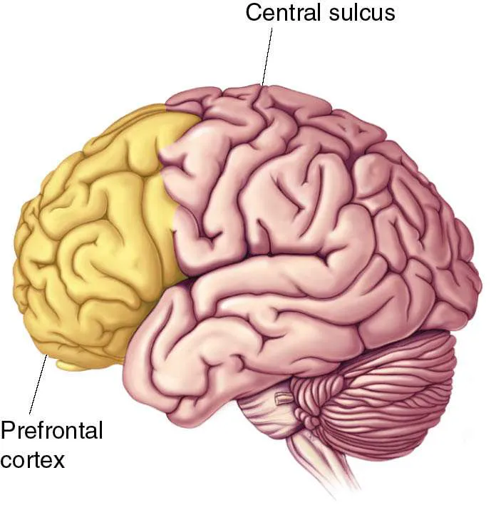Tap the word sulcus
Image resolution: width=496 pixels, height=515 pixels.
(x=360, y=12)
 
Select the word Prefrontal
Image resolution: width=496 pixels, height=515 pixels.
(x=52, y=432)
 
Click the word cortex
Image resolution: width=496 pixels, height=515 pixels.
(x=33, y=459)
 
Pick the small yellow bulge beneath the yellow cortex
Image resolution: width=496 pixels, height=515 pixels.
(x=74, y=365)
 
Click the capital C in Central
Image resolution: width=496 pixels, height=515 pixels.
(x=253, y=12)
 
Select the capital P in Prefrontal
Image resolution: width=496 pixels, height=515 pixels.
(x=8, y=432)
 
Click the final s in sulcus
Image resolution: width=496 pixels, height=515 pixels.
(x=388, y=13)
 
